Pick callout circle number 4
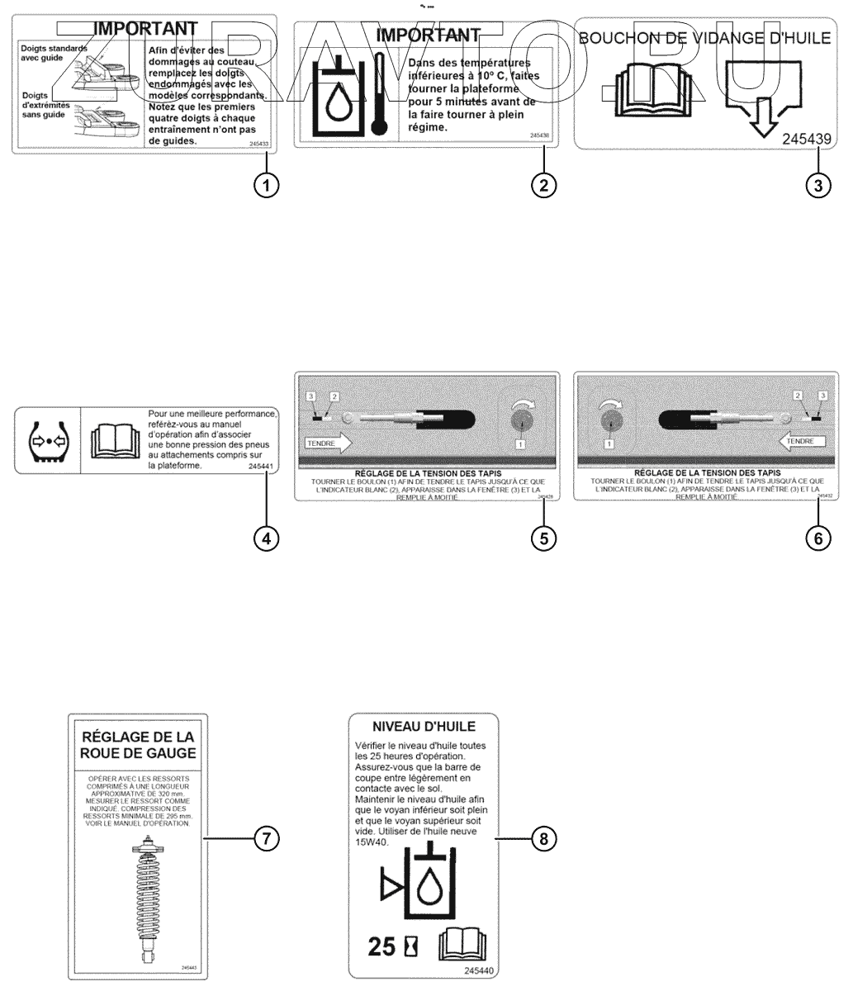point(266,538)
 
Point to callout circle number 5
point(543,538)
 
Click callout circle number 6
point(817,538)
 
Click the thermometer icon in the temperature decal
point(379,93)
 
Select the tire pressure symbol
point(46,439)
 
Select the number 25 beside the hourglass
point(383,946)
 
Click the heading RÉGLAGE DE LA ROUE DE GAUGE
point(138,744)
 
